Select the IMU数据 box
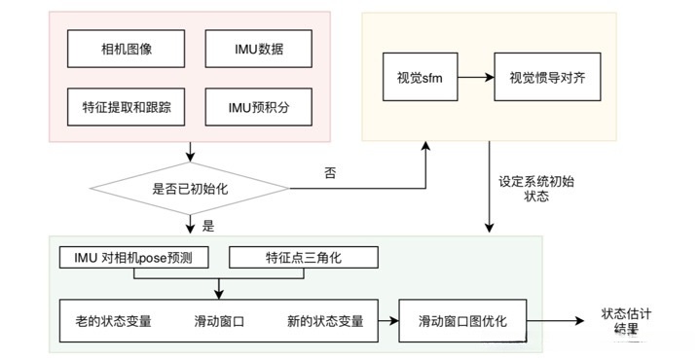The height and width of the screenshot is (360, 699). tap(259, 48)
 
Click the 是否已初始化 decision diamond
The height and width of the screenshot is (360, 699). tap(191, 189)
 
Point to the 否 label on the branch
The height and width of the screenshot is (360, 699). tap(329, 173)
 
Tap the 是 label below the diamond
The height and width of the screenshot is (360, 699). tap(207, 226)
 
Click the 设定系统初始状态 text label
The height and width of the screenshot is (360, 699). tap(530, 188)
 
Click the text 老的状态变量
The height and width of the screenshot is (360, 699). tap(113, 321)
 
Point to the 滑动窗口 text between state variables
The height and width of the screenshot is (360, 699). tap(218, 321)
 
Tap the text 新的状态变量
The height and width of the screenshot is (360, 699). tap(325, 321)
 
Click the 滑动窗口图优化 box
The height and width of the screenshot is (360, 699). tap(462, 321)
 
